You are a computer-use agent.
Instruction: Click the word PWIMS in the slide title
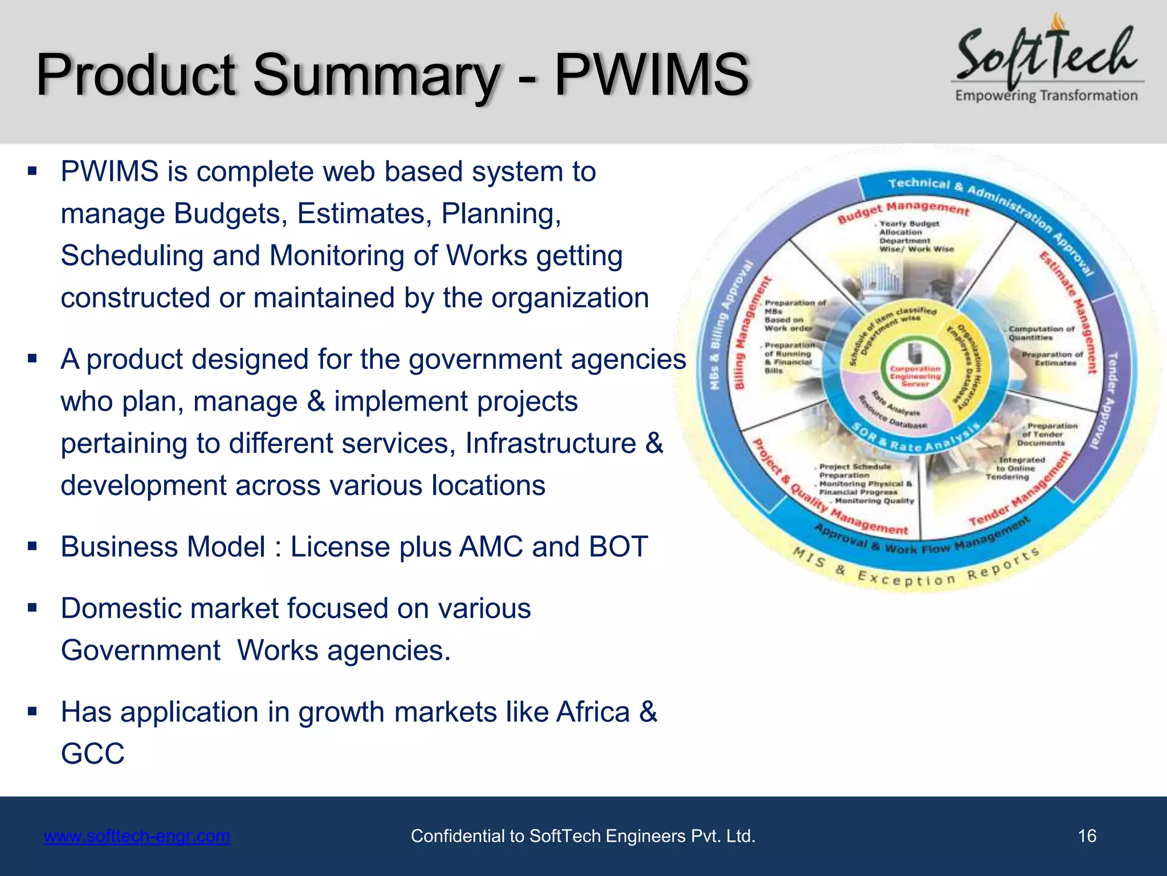(651, 75)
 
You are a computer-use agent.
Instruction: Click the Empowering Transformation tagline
(1046, 95)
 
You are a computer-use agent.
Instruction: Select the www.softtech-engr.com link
(137, 836)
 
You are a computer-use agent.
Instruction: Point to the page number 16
(1087, 836)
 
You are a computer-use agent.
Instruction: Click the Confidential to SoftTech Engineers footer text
(582, 836)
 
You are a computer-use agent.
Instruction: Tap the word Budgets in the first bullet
(230, 214)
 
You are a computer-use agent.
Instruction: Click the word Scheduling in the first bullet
(132, 255)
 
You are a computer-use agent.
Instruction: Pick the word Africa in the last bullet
(593, 712)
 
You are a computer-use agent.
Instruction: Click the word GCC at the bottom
(93, 753)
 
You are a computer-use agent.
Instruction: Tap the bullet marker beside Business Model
(32, 546)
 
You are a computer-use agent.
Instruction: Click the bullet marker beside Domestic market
(32, 608)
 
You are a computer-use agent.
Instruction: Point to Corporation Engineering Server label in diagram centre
(915, 376)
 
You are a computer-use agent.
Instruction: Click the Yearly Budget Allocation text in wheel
(909, 228)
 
